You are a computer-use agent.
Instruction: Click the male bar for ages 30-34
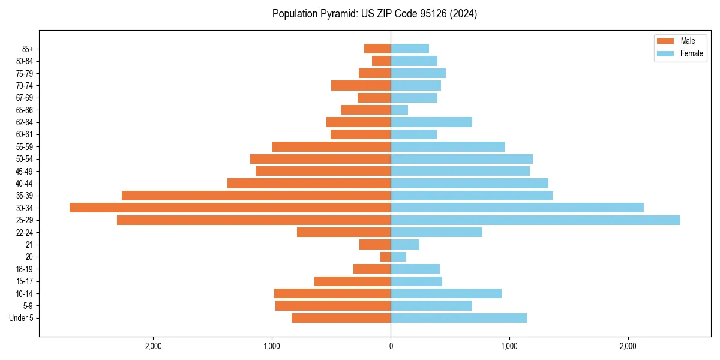[x=230, y=208]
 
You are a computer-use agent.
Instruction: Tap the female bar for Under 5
[x=458, y=318]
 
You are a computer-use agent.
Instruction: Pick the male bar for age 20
[x=386, y=257]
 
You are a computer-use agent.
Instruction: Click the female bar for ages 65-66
[x=400, y=110]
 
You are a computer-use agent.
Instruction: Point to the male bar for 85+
[x=377, y=49]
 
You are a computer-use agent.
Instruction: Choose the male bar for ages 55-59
[x=331, y=146]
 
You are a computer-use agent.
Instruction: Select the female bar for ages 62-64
[x=431, y=122]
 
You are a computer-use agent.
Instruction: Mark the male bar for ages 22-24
[x=344, y=232]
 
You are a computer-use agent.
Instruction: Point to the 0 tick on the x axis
[x=391, y=346]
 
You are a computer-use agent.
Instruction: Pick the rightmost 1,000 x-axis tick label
[x=509, y=346]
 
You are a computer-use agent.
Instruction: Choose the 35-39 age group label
[x=24, y=196]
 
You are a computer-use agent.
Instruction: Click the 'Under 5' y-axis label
[x=21, y=318]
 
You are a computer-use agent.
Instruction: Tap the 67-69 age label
[x=24, y=98]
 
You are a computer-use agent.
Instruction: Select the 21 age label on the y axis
[x=29, y=245]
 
